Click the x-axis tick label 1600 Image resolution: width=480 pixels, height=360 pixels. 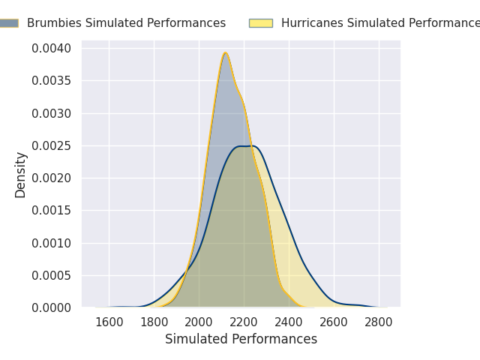coord(109,322)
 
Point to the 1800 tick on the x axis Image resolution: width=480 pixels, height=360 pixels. coord(154,322)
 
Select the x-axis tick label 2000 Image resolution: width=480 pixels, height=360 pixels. coord(199,322)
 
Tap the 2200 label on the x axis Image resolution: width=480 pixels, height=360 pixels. coord(244,322)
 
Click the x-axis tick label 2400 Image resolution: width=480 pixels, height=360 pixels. coord(289,322)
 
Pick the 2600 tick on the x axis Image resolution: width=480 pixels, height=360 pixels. coord(334,322)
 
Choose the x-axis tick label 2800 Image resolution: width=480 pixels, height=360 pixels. coord(379,322)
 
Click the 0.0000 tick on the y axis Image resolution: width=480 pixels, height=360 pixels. coord(52,307)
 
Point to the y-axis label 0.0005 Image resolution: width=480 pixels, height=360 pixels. coord(52,275)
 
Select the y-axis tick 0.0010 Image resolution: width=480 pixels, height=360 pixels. coord(52,243)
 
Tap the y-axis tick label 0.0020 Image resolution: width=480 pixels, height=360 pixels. coord(52,178)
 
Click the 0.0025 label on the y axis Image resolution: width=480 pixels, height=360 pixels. coord(52,145)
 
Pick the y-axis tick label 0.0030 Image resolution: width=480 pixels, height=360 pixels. coord(52,113)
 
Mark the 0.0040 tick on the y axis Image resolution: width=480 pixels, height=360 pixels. coord(52,49)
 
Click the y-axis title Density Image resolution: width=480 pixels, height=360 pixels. coord(20,174)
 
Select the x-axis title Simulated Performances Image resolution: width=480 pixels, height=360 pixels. coord(241,340)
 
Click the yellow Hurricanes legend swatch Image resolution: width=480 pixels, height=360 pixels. coord(261,23)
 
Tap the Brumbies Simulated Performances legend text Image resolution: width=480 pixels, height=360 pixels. coord(126,23)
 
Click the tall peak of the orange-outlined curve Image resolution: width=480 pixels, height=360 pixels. coord(225,53)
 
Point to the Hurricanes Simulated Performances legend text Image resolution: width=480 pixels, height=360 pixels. coord(379,23)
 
